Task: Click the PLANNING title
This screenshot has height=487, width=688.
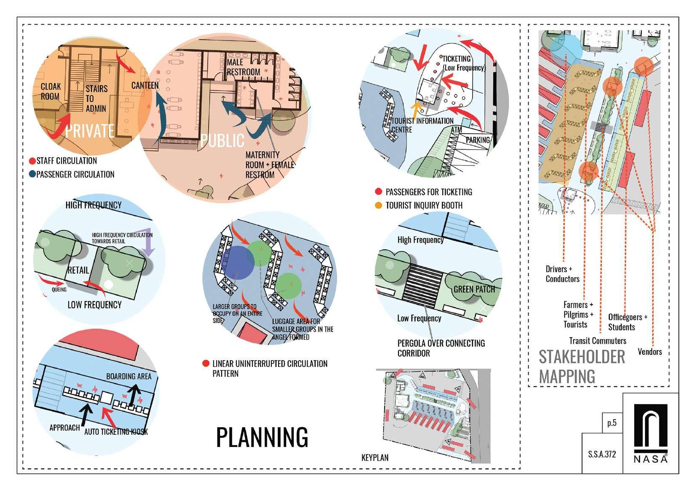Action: (262, 437)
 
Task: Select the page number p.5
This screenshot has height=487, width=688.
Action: (612, 423)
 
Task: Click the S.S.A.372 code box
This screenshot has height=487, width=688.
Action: (602, 454)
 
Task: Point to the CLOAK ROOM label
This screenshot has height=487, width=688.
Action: (50, 91)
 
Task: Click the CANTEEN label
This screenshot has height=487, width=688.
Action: (145, 86)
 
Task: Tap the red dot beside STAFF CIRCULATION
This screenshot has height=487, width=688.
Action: (32, 161)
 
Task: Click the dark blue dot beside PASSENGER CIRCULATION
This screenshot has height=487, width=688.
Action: (32, 174)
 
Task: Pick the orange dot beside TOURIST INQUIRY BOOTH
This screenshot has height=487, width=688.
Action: (378, 206)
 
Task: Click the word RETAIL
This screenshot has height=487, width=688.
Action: (79, 270)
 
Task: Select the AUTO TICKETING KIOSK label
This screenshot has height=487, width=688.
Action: (116, 432)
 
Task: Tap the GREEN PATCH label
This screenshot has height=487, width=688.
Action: (474, 289)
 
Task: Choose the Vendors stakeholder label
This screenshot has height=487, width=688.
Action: (650, 352)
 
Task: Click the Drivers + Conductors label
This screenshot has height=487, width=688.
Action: (562, 274)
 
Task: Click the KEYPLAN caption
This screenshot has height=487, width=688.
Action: (375, 458)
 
